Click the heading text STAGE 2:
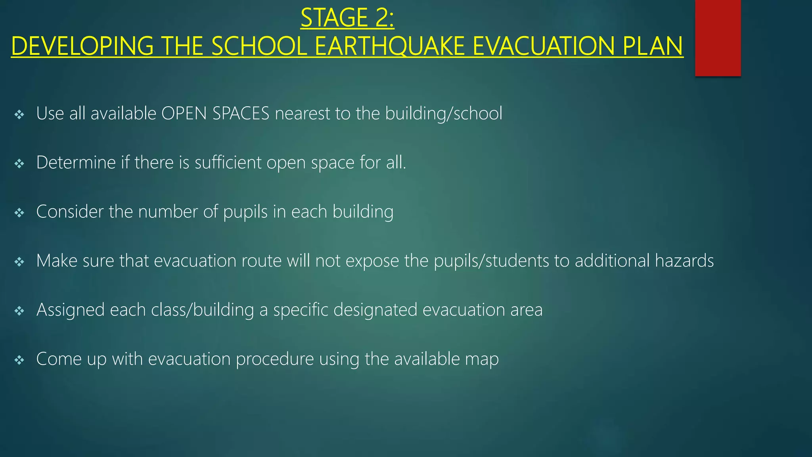pyautogui.click(x=347, y=18)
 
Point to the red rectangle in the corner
pyautogui.click(x=718, y=38)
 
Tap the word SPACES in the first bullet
pyautogui.click(x=241, y=113)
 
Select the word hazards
pyautogui.click(x=684, y=261)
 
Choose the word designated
pyautogui.click(x=375, y=310)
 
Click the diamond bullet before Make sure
pyautogui.click(x=19, y=262)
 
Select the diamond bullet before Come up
pyautogui.click(x=19, y=360)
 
